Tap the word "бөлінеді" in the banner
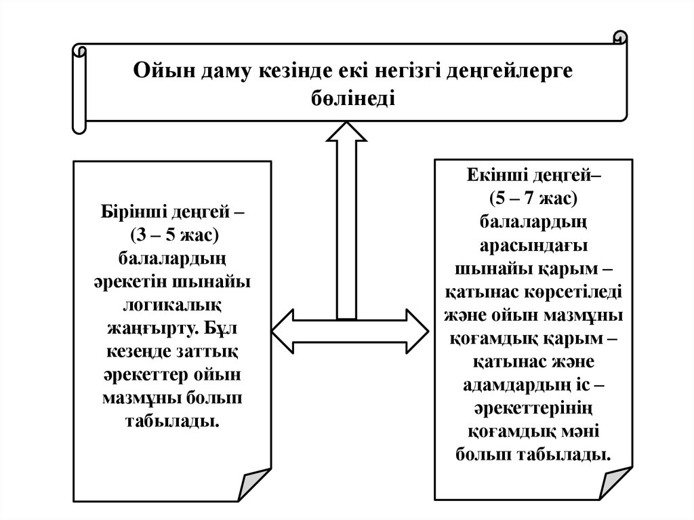tap(350, 98)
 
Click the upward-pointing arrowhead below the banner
tap(346, 132)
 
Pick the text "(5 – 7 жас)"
tap(533, 198)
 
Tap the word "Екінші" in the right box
tap(493, 175)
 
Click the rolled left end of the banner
tap(79, 88)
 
